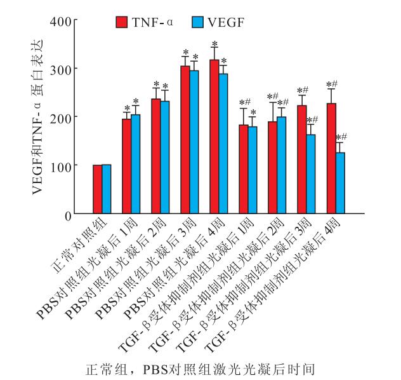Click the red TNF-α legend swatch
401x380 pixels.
[x=121, y=22]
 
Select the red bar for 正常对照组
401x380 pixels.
[x=97, y=189]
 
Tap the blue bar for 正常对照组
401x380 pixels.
[x=106, y=189]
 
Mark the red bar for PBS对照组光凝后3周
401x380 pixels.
[x=185, y=140]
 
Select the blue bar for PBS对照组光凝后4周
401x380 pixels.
[x=223, y=144]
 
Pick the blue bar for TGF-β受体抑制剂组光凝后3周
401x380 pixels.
[x=310, y=174]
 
